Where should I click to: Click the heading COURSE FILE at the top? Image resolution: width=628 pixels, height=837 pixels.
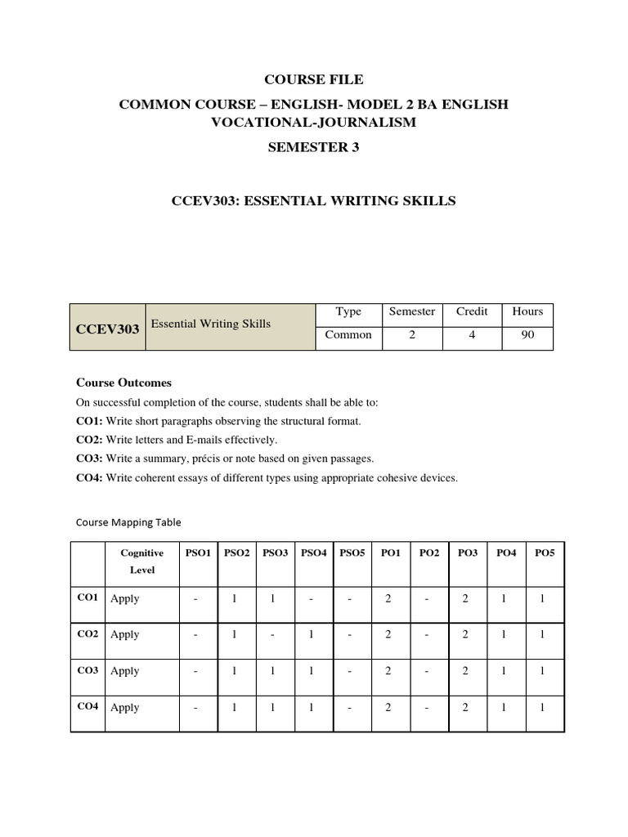click(313, 79)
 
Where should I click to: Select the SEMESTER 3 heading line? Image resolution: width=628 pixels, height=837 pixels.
click(313, 148)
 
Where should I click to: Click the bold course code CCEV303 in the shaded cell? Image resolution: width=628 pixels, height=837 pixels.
click(108, 328)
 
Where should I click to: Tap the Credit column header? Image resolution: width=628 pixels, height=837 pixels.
click(472, 311)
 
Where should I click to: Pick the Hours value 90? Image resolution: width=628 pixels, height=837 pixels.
click(527, 334)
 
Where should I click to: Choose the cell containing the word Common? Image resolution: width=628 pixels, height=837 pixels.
click(348, 334)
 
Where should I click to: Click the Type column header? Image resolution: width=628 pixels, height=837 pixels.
click(348, 311)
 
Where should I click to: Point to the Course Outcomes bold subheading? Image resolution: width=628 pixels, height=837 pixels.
click(123, 383)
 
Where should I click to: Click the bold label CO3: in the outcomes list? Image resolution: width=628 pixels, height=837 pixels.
click(89, 459)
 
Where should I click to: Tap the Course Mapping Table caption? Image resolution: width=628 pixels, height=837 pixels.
click(128, 521)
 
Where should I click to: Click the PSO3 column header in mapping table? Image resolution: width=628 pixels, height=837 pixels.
click(275, 553)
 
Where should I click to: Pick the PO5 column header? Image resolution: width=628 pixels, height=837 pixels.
click(545, 553)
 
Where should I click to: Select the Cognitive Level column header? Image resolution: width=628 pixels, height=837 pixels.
click(142, 562)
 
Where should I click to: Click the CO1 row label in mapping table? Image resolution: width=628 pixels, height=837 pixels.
click(87, 598)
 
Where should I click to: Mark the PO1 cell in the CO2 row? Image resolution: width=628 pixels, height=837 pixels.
click(388, 634)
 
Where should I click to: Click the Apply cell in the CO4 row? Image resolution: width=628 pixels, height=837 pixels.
click(125, 707)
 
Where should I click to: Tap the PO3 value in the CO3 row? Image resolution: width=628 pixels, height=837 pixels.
click(465, 671)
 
